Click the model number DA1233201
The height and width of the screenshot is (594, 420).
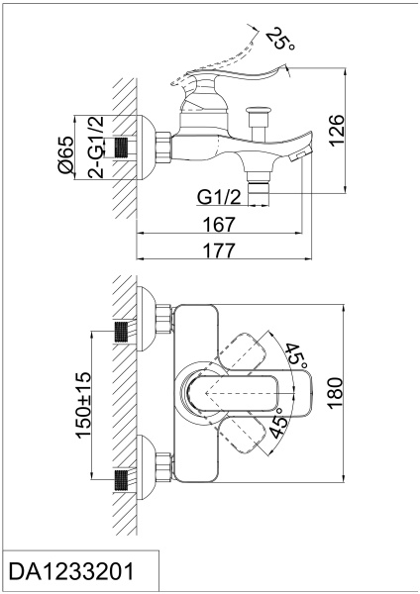(x=71, y=571)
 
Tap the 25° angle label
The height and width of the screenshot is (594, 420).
(x=279, y=39)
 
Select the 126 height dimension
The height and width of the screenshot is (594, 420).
(x=337, y=131)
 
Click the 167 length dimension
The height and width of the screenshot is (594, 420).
(x=219, y=225)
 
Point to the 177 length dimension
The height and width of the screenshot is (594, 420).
(x=219, y=250)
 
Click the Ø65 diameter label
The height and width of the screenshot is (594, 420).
(x=65, y=155)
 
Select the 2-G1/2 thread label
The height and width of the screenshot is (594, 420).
(x=95, y=147)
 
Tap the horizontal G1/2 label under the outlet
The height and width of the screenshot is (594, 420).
(x=219, y=197)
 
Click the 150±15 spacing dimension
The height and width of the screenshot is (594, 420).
(x=84, y=405)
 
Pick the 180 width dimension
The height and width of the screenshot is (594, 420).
(x=336, y=393)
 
